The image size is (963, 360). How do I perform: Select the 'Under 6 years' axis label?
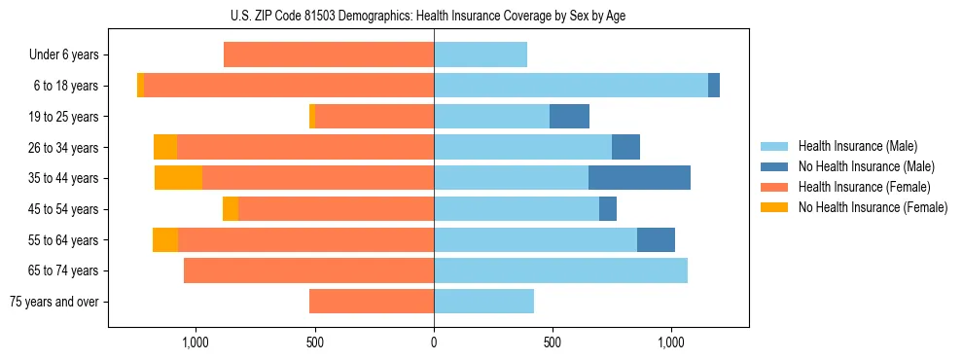(x=69, y=55)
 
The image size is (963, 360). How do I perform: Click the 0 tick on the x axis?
(x=434, y=342)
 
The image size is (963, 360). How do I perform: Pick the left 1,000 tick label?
(x=196, y=342)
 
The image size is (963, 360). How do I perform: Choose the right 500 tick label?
(x=552, y=342)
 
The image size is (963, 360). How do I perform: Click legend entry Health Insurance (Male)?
(x=857, y=146)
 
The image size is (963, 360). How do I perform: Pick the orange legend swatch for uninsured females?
(x=775, y=207)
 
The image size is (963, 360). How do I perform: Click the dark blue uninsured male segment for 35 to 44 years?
(x=639, y=178)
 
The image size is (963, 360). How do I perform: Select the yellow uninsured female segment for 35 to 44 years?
(x=178, y=178)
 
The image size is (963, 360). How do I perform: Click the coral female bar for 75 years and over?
(x=372, y=302)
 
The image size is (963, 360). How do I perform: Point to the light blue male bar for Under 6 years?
(x=481, y=55)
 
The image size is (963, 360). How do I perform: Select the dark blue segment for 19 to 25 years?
(x=569, y=117)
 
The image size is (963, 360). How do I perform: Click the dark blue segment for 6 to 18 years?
(x=714, y=86)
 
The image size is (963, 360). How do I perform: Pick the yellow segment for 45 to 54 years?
(x=231, y=209)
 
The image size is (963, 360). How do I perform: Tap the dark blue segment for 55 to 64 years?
(x=656, y=240)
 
